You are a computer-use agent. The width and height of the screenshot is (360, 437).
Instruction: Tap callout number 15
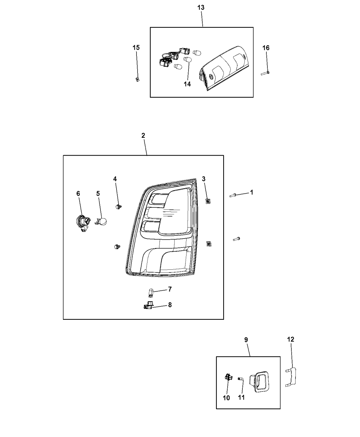(136, 48)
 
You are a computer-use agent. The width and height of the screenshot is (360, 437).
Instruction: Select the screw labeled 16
(265, 72)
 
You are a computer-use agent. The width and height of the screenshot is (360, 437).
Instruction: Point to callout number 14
(187, 84)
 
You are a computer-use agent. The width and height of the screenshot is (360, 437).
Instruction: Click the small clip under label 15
(137, 79)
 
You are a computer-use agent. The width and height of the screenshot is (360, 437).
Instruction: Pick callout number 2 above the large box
(143, 135)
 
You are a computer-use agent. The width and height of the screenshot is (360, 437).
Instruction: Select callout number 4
(115, 179)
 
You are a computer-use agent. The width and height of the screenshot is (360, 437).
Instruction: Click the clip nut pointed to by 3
(207, 201)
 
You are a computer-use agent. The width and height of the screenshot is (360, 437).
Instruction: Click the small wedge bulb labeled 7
(151, 293)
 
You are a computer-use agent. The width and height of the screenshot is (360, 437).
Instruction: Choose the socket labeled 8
(148, 305)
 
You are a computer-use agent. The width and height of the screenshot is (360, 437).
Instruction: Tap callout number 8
(170, 304)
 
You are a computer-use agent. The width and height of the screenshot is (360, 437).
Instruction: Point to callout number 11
(242, 398)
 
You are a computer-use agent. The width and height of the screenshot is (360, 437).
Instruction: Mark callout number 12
(290, 339)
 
